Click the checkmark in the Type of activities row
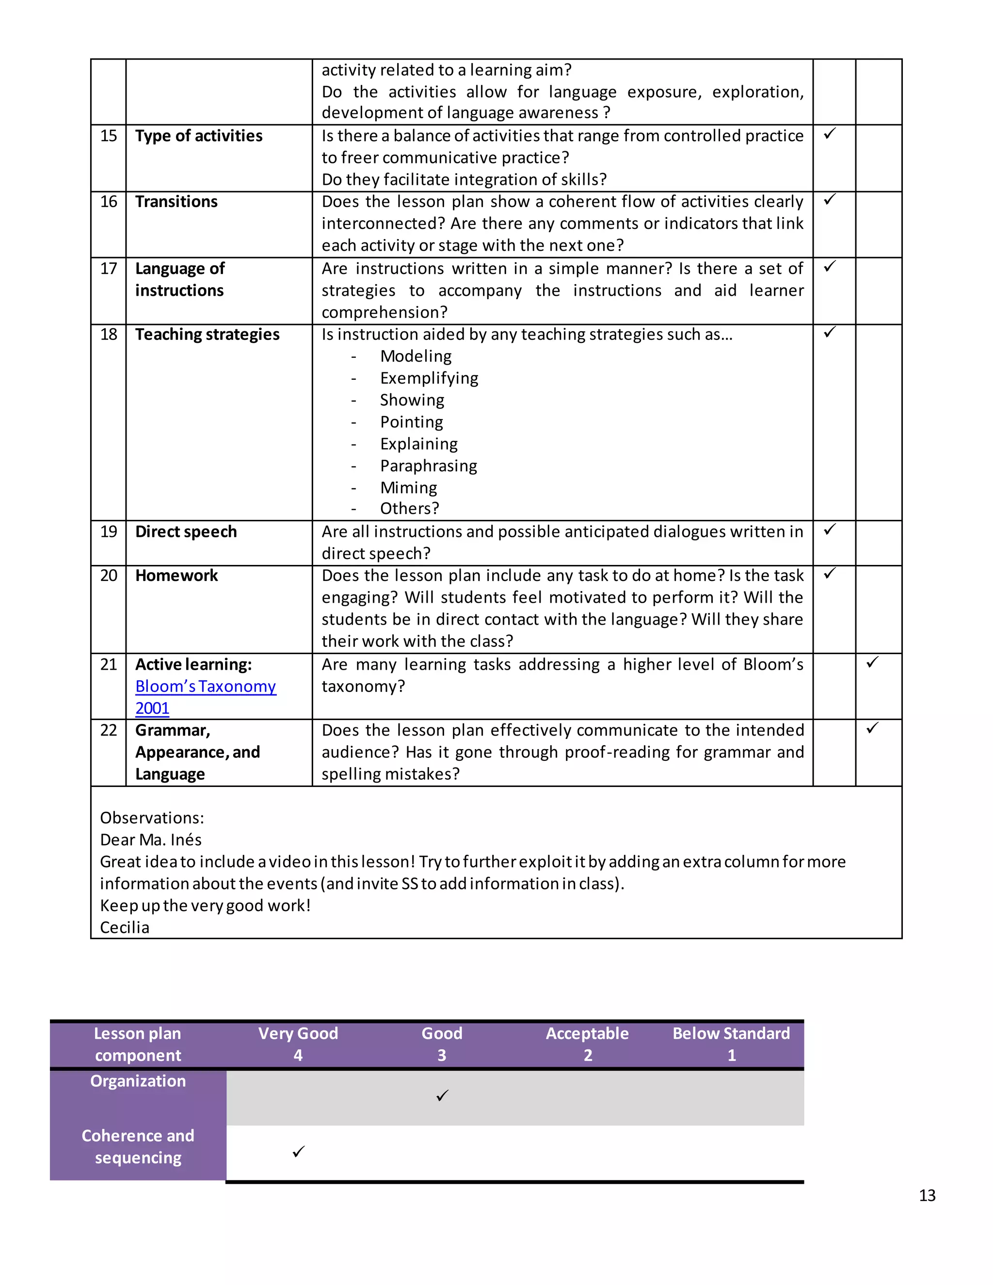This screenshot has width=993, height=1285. [x=830, y=134]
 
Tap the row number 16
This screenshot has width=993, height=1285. [x=109, y=202]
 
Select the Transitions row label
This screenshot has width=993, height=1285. [x=176, y=202]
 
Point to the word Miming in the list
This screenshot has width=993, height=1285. [x=408, y=488]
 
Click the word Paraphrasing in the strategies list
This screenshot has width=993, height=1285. [x=428, y=466]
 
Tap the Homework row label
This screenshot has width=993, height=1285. [x=176, y=576]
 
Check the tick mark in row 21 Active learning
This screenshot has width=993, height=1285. [x=872, y=662]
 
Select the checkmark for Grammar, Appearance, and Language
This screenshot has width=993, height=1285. [x=872, y=728]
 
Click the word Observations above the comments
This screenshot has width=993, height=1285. [x=152, y=818]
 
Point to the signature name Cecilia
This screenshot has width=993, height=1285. [x=125, y=928]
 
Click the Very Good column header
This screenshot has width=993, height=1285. [x=298, y=1044]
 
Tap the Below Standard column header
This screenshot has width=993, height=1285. [x=731, y=1044]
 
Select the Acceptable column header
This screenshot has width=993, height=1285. [x=587, y=1044]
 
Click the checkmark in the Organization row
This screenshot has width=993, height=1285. [x=442, y=1095]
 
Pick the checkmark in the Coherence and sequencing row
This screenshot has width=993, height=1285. [x=298, y=1152]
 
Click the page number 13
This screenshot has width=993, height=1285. [x=927, y=1196]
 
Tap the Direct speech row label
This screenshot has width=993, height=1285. [x=186, y=532]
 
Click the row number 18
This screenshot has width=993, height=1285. [x=109, y=335]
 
